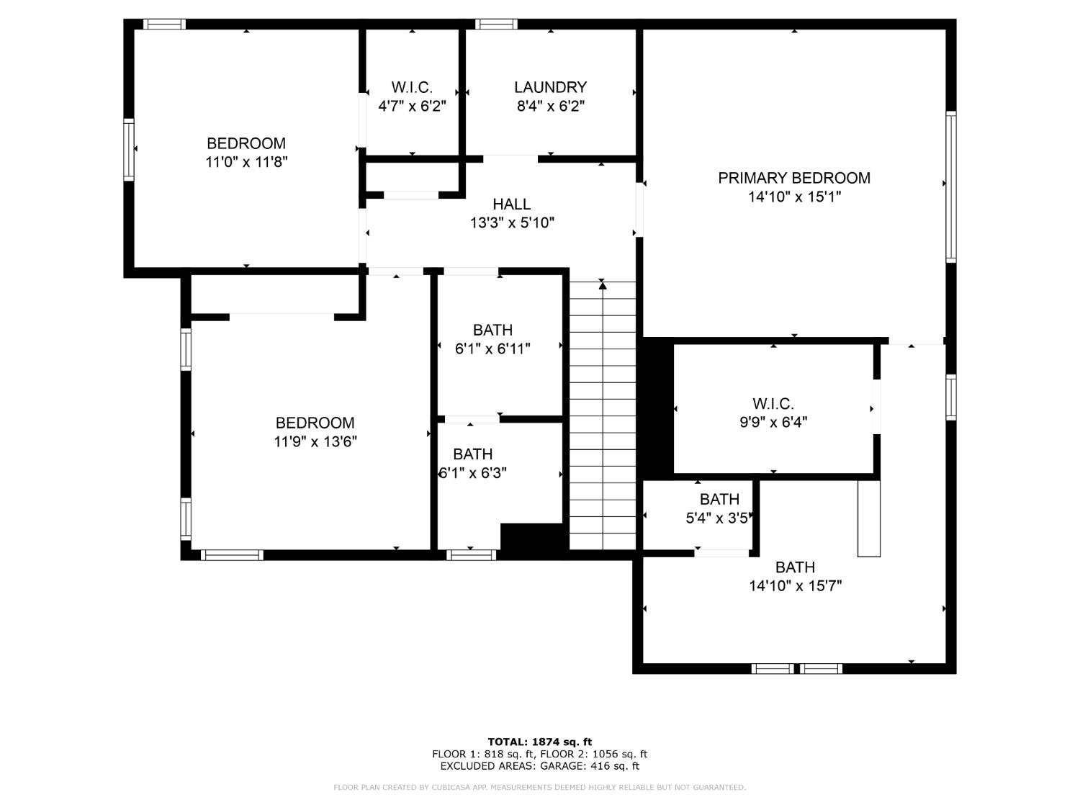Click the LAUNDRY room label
(550, 87)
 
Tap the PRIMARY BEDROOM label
(793, 178)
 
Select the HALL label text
(511, 204)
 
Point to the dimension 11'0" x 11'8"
(246, 162)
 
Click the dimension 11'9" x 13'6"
(315, 441)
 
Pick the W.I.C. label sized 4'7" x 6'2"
(412, 88)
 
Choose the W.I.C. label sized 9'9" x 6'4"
(773, 404)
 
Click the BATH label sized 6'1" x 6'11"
(492, 330)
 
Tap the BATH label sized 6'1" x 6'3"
(472, 454)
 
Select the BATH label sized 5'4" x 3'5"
(719, 499)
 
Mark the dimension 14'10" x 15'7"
(795, 586)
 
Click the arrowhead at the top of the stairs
(603, 286)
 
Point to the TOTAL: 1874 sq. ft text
(539, 742)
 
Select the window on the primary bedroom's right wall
(950, 186)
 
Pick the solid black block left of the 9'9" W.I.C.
(657, 408)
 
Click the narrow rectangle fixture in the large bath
(868, 518)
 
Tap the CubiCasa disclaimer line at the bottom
(539, 788)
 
